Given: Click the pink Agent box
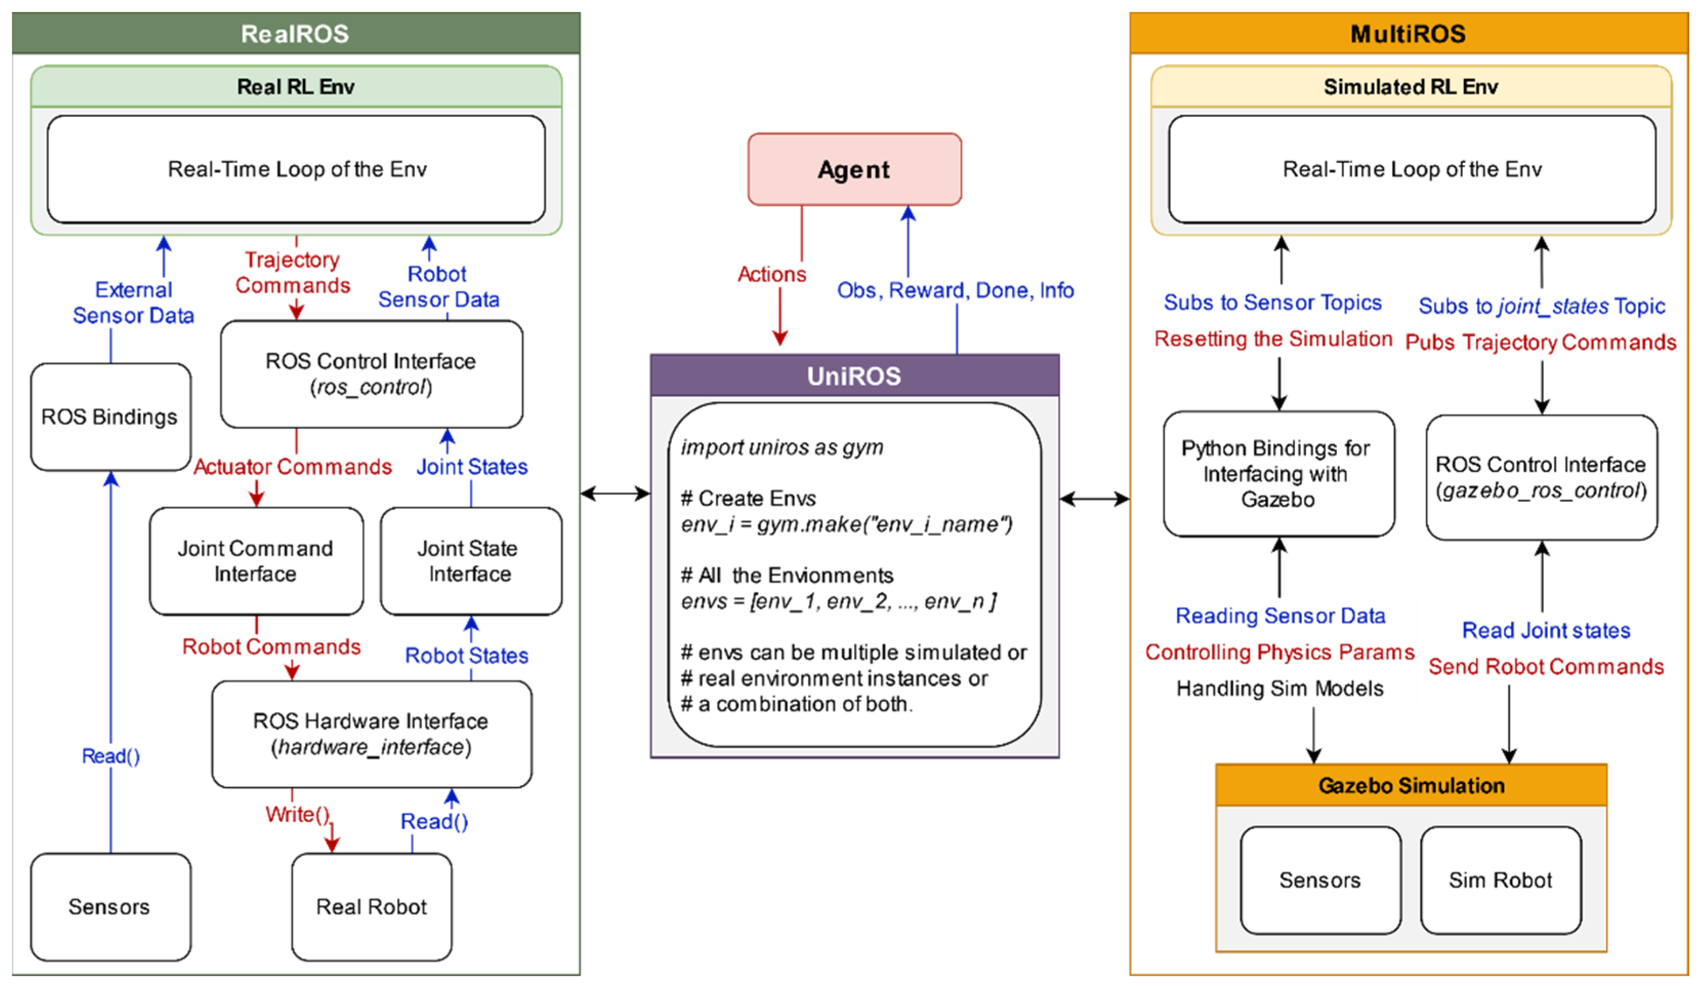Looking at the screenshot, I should pyautogui.click(x=854, y=169).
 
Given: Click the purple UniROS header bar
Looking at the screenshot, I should pyautogui.click(x=854, y=376).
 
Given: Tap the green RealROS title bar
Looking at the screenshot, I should pyautogui.click(x=296, y=33).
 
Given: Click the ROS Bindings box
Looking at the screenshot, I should pyautogui.click(x=110, y=417).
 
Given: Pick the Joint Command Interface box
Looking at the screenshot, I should pyautogui.click(x=256, y=561).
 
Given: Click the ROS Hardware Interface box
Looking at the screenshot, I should pyautogui.click(x=371, y=734).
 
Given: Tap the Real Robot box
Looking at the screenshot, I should pyautogui.click(x=371, y=907).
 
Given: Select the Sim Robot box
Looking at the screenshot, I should pyautogui.click(x=1500, y=880).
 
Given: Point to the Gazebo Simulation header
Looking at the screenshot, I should pyautogui.click(x=1411, y=785).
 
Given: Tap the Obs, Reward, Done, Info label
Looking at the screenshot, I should pyautogui.click(x=955, y=291).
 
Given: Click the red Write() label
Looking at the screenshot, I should pyautogui.click(x=297, y=814).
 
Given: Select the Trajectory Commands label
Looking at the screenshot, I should pyautogui.click(x=292, y=273).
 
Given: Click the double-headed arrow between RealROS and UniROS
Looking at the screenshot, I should pyautogui.click(x=615, y=493).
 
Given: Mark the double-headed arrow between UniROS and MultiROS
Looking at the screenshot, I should pyautogui.click(x=1094, y=499).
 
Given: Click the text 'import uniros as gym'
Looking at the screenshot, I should pyautogui.click(x=782, y=447).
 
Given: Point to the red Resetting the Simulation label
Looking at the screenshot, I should pyautogui.click(x=1273, y=339).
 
